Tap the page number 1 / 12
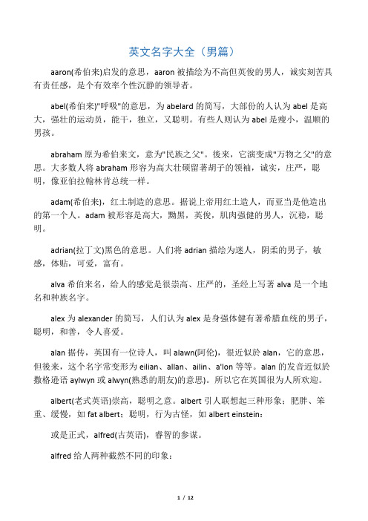(x=183, y=505)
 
